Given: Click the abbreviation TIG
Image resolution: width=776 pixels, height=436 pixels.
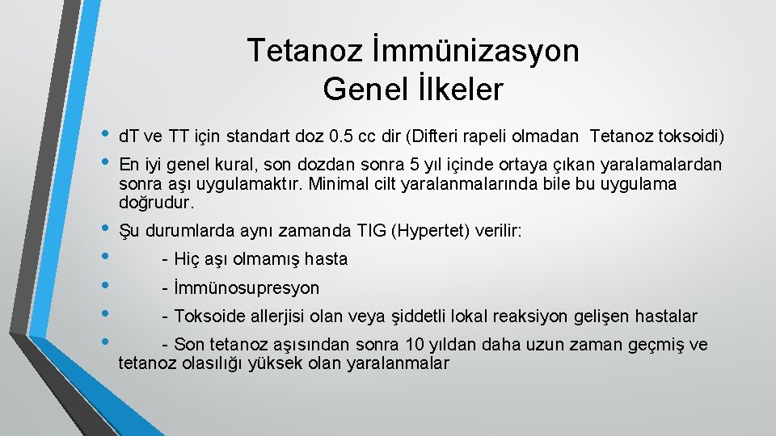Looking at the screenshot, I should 370,232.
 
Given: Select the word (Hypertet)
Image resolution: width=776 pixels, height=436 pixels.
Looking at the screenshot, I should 429,232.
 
